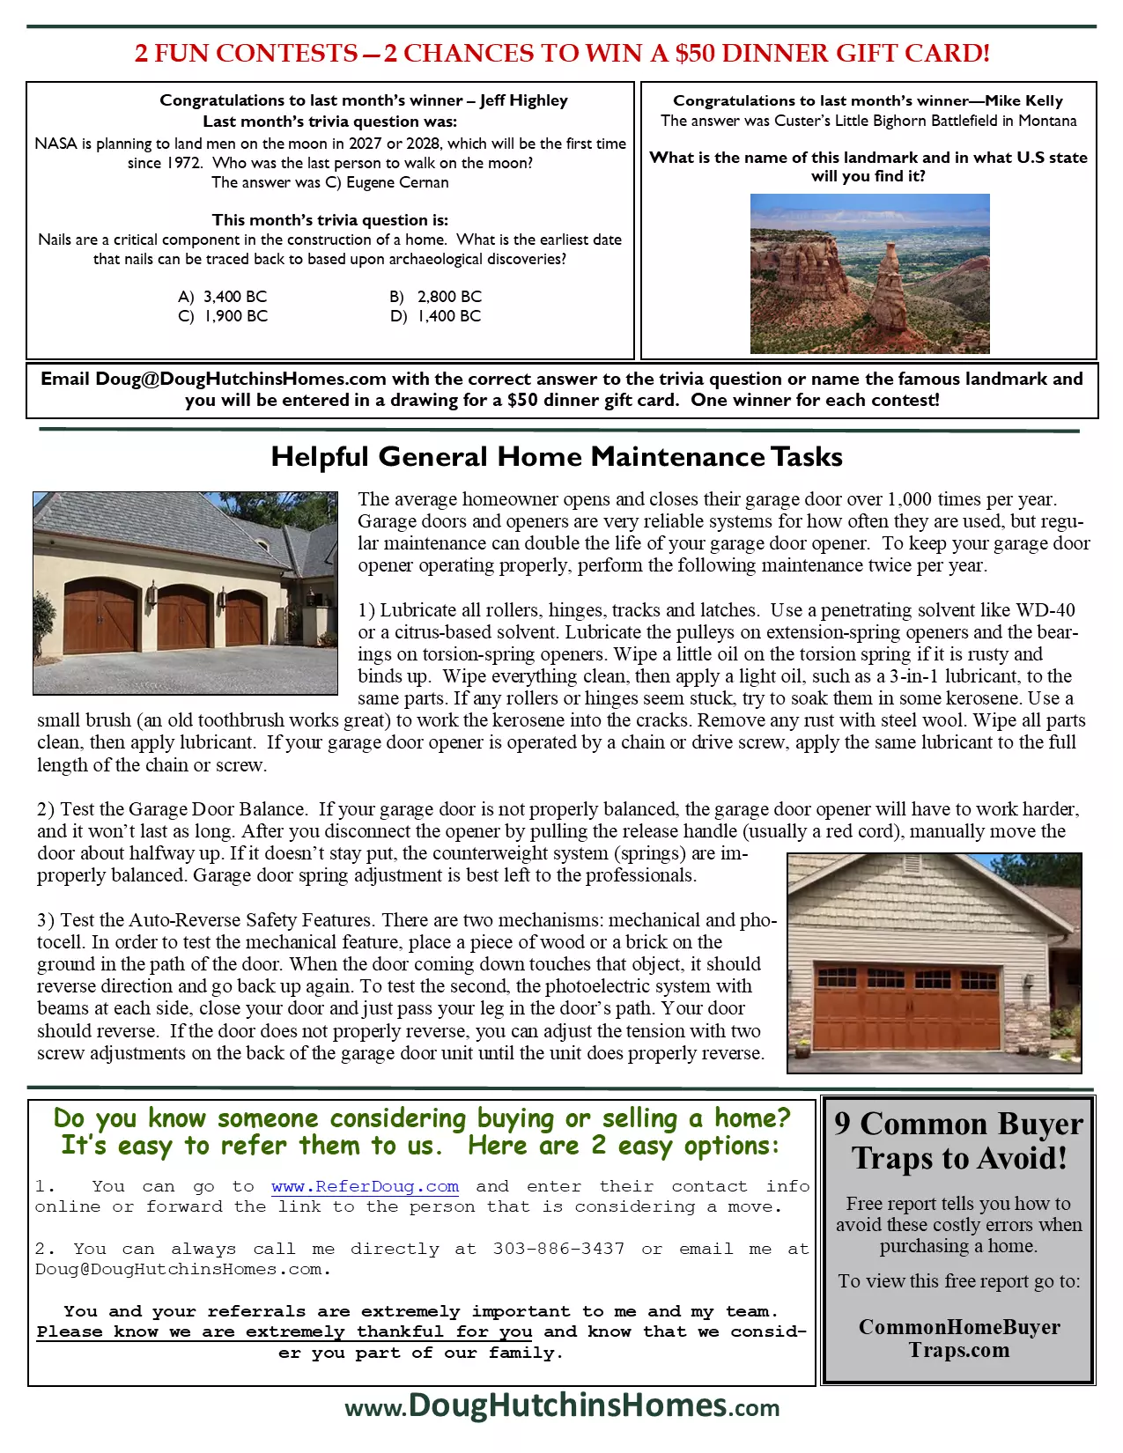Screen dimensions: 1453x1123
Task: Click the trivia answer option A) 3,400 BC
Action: [x=222, y=297]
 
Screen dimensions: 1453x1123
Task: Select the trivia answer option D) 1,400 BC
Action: [x=436, y=316]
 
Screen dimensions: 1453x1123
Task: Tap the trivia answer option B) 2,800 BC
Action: [x=436, y=297]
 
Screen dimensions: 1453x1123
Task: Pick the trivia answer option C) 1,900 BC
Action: [x=223, y=316]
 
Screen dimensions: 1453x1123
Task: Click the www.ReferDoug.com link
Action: [x=365, y=1187]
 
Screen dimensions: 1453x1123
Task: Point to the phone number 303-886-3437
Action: [x=558, y=1249]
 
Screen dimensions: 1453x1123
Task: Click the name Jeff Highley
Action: [x=524, y=100]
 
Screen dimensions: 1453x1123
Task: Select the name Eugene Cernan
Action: [x=397, y=182]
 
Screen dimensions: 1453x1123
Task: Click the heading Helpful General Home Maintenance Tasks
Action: [x=557, y=456]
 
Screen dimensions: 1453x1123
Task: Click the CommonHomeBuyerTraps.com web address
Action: [x=959, y=1339]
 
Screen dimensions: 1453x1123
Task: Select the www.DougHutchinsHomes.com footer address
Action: [x=562, y=1405]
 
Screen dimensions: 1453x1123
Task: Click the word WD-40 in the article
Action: [x=1045, y=610]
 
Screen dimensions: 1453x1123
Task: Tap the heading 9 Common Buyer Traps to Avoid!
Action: [x=959, y=1140]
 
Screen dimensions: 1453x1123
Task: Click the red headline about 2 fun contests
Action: [x=562, y=53]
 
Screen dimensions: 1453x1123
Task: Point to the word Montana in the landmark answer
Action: [x=1047, y=121]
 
